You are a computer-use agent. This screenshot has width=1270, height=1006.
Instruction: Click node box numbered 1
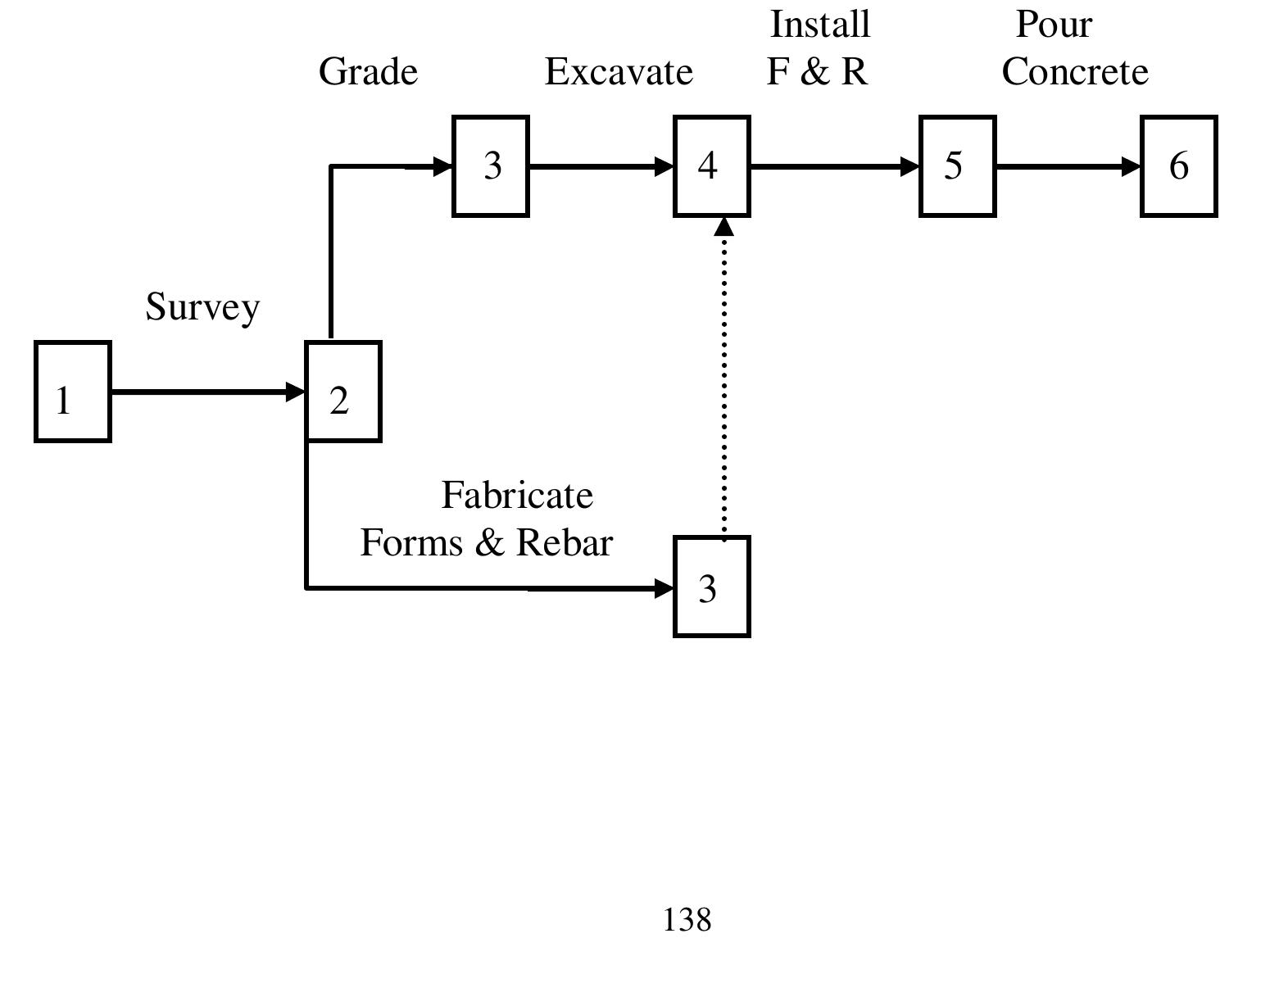(x=73, y=392)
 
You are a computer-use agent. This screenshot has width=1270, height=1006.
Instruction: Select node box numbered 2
(x=343, y=392)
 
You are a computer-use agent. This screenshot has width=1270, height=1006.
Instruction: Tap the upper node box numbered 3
(x=491, y=166)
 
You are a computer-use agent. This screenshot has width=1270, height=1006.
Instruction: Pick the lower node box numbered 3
(x=711, y=587)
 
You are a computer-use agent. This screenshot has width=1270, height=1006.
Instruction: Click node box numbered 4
(x=711, y=166)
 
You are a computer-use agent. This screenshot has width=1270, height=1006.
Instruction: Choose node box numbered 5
(x=957, y=166)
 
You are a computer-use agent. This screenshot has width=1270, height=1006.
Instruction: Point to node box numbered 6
(x=1178, y=166)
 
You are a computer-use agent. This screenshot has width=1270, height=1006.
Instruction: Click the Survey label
(x=202, y=307)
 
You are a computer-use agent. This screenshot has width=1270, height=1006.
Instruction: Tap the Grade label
(x=368, y=72)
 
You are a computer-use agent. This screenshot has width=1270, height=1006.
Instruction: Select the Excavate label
(x=619, y=72)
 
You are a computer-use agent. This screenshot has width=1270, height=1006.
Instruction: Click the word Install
(x=819, y=25)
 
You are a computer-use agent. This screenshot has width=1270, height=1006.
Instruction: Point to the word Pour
(x=1054, y=25)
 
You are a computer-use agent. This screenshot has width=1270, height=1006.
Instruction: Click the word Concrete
(x=1075, y=72)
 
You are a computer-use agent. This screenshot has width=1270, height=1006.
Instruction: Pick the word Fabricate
(x=517, y=495)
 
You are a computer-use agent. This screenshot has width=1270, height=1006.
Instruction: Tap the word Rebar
(x=565, y=543)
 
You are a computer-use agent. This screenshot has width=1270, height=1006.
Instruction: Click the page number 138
(x=687, y=920)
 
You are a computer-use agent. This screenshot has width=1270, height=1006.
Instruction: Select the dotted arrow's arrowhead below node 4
(x=723, y=225)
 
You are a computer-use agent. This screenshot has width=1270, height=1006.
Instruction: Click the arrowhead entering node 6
(x=1131, y=166)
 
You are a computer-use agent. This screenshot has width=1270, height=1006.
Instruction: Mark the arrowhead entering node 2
(x=296, y=392)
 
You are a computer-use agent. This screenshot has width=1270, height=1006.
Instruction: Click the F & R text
(x=817, y=72)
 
